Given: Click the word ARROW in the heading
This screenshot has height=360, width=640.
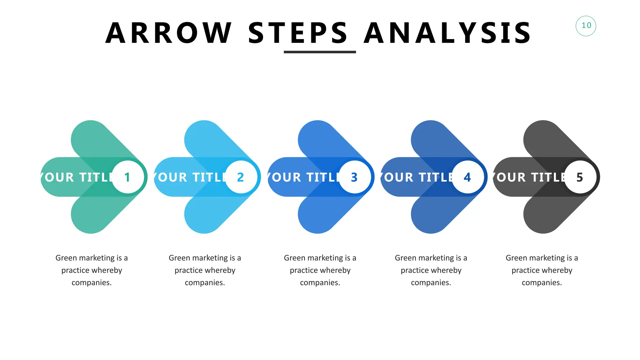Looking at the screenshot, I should (168, 33).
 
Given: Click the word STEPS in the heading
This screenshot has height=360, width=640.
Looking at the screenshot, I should (297, 33).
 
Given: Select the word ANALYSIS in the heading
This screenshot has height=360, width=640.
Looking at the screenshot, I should (447, 33).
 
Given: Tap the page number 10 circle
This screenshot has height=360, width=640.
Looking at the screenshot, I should (586, 26).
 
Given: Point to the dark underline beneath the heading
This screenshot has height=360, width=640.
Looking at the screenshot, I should (320, 52).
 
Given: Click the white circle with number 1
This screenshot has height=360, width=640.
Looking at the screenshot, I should (128, 177).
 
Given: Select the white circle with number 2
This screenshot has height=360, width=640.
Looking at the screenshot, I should (241, 177).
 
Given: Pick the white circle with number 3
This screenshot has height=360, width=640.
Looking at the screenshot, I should (354, 177).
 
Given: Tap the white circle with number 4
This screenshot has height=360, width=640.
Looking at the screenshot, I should (467, 177).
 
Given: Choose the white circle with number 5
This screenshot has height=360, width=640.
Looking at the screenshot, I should (580, 177).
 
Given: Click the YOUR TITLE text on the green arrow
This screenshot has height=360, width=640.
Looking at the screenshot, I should (77, 177).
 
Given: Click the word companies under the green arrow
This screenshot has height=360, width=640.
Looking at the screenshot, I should (91, 282).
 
